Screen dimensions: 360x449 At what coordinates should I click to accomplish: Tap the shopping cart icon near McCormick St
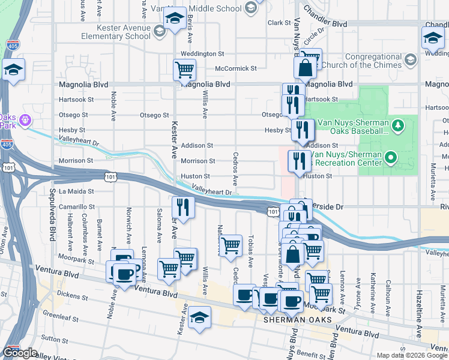[185, 70]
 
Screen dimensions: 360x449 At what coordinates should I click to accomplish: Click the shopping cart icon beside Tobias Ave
[231, 246]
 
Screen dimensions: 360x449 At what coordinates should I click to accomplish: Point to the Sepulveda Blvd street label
[52, 214]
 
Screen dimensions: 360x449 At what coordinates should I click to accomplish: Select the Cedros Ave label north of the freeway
[235, 169]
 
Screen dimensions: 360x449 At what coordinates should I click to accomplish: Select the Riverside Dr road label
[324, 206]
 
